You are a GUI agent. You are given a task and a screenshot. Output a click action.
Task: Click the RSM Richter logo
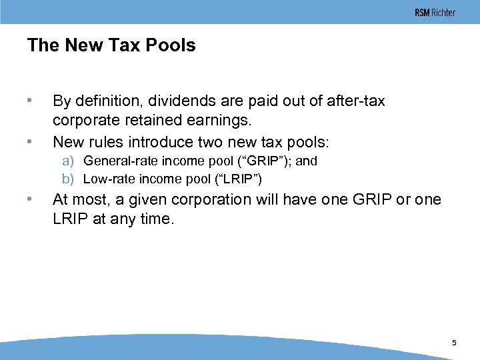pyautogui.click(x=435, y=13)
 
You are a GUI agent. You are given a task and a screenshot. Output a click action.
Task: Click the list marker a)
pyautogui.click(x=68, y=161)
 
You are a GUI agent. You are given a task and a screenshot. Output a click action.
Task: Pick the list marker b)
pyautogui.click(x=68, y=179)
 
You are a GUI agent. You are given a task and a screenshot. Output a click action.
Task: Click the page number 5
pyautogui.click(x=454, y=343)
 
